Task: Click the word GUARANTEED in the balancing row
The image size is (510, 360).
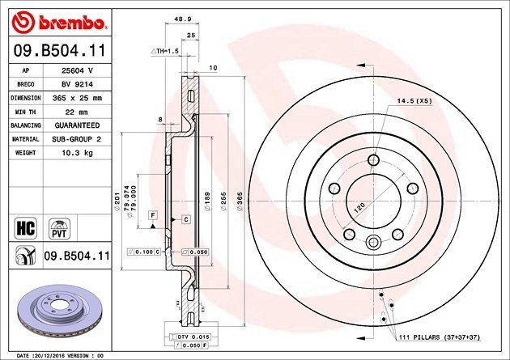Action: [x=77, y=125]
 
